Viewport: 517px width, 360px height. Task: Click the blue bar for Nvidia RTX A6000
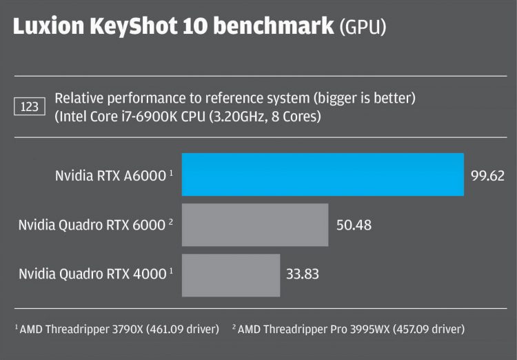point(322,174)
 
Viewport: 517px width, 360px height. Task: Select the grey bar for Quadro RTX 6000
point(254,224)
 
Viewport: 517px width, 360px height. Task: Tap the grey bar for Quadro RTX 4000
point(230,274)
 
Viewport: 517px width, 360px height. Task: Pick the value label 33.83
point(303,274)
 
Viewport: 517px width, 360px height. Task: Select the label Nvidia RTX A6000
point(111,175)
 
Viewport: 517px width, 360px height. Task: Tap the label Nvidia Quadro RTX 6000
point(91,225)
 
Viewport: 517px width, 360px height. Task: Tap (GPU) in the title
point(362,28)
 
